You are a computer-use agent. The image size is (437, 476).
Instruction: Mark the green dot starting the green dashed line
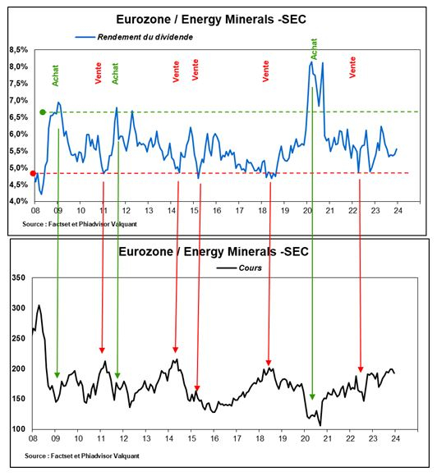pos(42,112)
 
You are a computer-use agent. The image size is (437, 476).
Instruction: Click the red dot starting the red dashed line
pos(33,173)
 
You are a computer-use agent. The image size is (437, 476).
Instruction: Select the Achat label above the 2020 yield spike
pos(313,49)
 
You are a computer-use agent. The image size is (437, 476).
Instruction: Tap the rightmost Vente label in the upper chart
pos(352,66)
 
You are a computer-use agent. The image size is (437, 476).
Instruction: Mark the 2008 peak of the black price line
pos(39,305)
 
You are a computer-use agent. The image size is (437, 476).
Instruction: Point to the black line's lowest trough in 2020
pos(320,425)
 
